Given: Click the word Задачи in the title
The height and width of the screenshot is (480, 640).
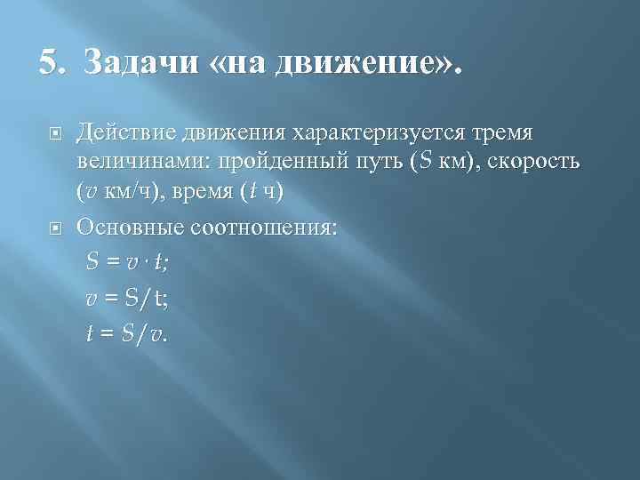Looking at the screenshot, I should (x=142, y=65).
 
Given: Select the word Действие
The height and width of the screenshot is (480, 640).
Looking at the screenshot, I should (x=126, y=133).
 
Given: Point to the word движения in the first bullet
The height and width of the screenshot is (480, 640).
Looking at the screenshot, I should (x=234, y=133).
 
